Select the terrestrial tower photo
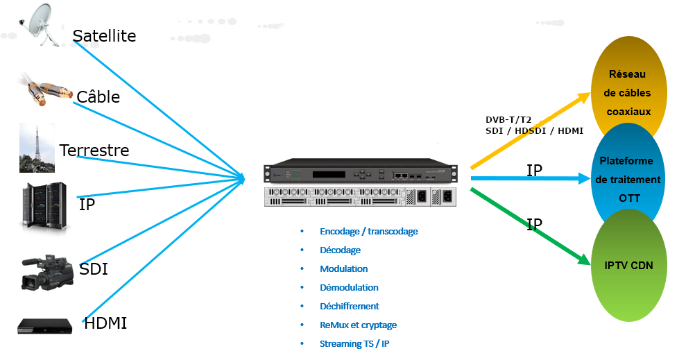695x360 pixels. click(x=37, y=148)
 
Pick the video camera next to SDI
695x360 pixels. click(x=47, y=272)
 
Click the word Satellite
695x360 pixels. click(x=104, y=35)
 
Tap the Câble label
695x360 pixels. click(x=98, y=97)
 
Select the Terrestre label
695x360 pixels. click(x=94, y=151)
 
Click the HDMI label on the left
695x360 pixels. click(x=105, y=323)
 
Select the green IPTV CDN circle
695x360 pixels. click(x=628, y=266)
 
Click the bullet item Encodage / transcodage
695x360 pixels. click(x=368, y=231)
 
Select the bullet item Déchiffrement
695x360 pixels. click(x=349, y=306)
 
